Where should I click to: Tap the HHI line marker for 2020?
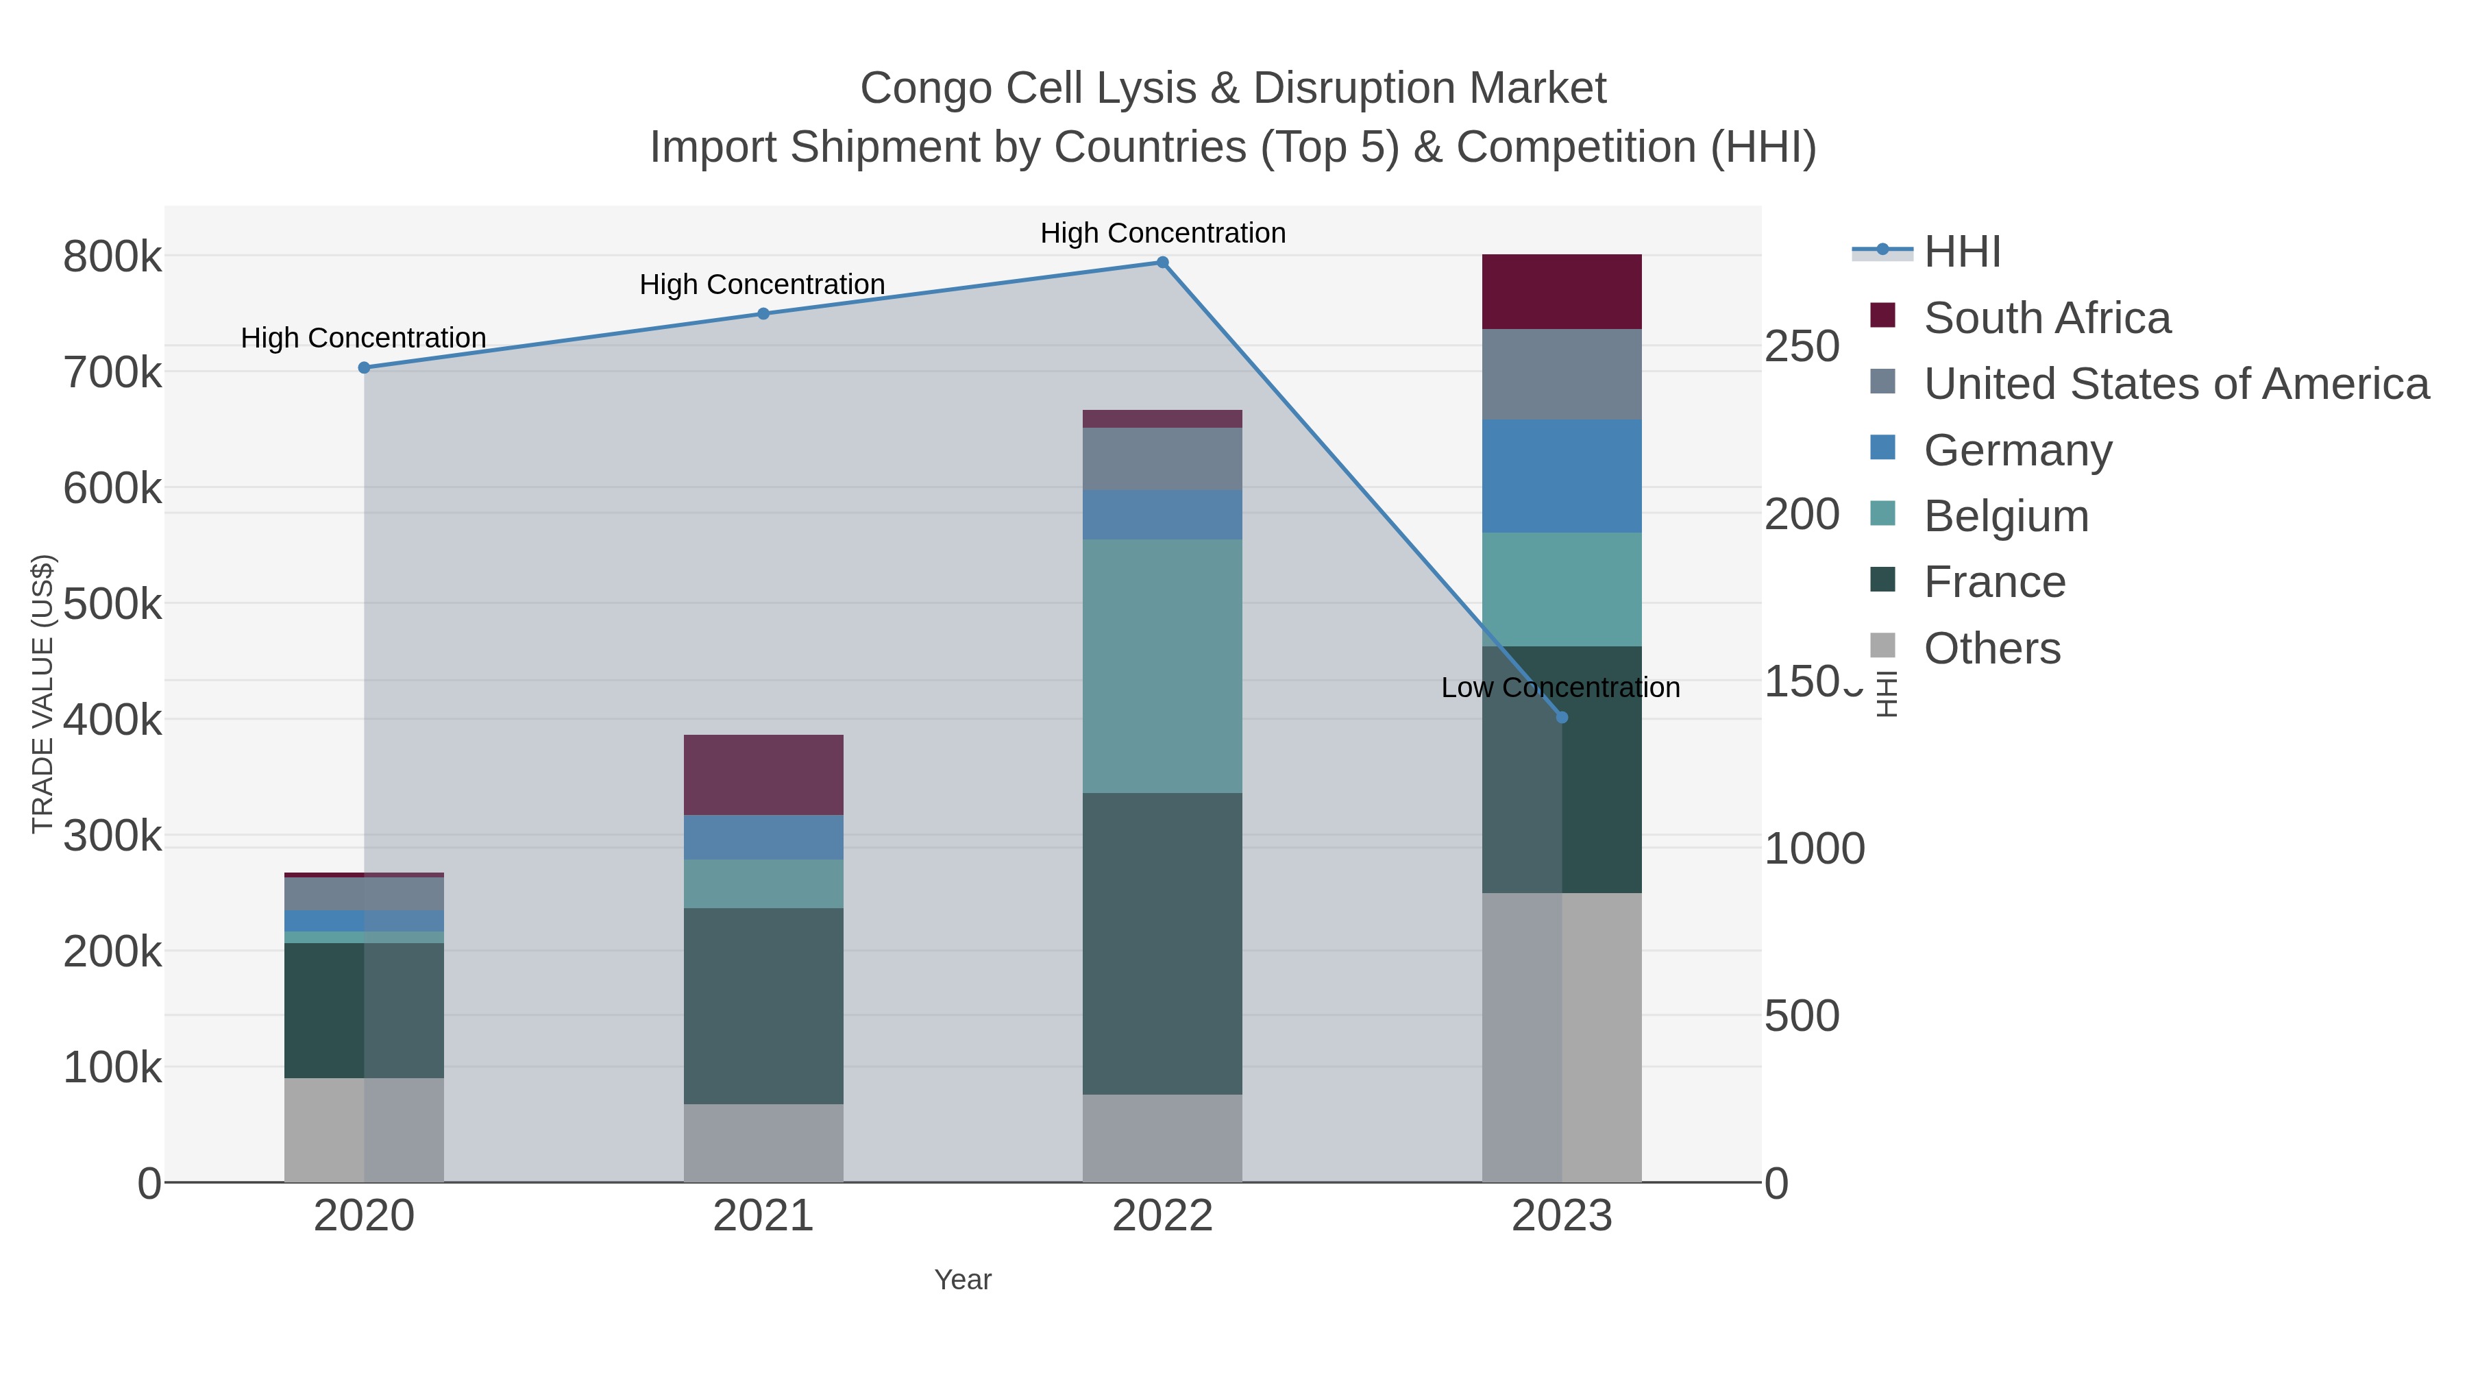[364, 368]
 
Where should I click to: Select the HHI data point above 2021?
[763, 313]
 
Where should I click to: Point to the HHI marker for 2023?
[1562, 718]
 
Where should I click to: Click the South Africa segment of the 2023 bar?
[1561, 291]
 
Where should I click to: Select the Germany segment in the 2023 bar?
[1561, 476]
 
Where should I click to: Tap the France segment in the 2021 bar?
[763, 1006]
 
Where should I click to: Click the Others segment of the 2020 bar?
[364, 1130]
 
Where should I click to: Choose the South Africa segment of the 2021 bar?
[763, 775]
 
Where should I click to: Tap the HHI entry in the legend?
[1961, 252]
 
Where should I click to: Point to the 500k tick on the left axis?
[112, 605]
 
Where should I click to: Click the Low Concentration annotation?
[1560, 687]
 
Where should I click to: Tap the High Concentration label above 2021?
[762, 284]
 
